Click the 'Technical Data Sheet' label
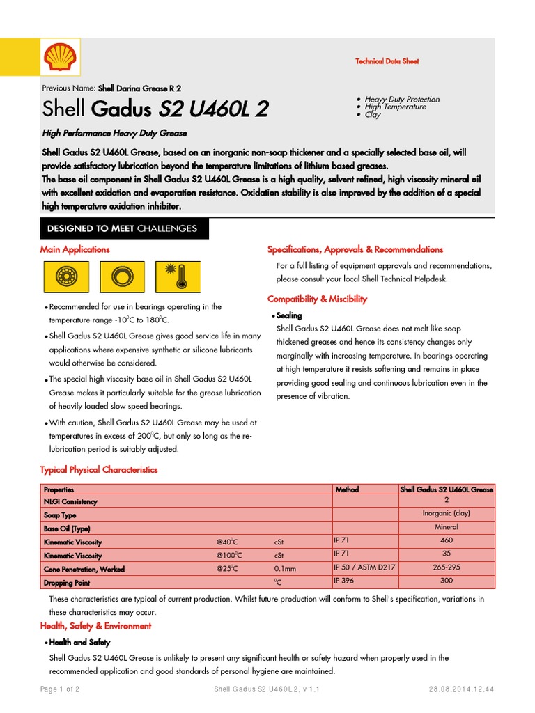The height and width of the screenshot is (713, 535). coord(387,61)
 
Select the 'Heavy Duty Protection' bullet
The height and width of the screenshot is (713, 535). coord(402,100)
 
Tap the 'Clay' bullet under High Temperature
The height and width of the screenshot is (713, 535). coord(373,114)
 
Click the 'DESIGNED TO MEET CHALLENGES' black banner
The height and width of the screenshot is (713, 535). coord(122,228)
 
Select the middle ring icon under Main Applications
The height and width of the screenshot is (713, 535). coord(122,276)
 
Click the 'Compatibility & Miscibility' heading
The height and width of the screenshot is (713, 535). coord(317,299)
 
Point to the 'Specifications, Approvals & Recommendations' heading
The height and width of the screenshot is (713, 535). coord(355,249)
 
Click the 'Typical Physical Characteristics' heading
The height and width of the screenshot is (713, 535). coord(99,470)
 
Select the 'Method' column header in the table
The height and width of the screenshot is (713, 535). coord(347,489)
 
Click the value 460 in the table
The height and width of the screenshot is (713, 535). coord(446,540)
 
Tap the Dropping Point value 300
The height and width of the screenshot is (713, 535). coord(446,580)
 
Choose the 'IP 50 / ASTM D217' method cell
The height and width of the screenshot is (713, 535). coord(364,567)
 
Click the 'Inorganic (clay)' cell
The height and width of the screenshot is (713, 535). coord(446,514)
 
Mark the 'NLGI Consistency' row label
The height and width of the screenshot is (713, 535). coord(70,501)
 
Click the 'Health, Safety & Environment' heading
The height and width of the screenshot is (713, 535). coord(95,626)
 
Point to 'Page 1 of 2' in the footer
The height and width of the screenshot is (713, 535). coord(61,689)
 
